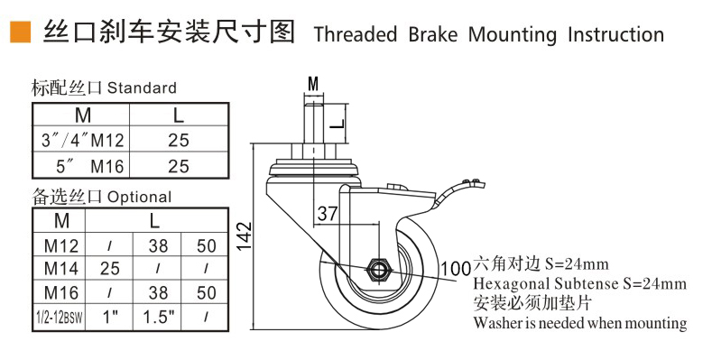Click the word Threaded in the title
click(356, 35)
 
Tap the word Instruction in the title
click(615, 35)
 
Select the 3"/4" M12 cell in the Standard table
click(81, 140)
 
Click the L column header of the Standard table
click(179, 115)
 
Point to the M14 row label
click(62, 268)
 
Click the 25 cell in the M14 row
click(109, 268)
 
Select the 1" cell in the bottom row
click(109, 318)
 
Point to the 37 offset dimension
click(327, 214)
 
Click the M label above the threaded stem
click(313, 84)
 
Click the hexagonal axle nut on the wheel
click(378, 270)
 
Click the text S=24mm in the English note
click(648, 283)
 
